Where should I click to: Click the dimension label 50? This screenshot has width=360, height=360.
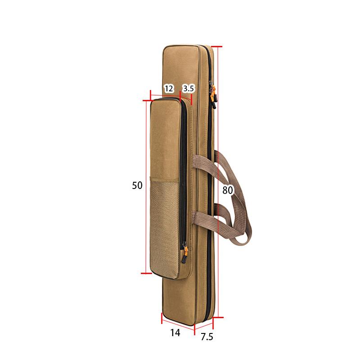point(137,185)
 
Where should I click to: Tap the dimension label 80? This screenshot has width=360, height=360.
point(227,190)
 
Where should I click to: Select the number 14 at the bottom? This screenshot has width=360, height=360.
point(175,333)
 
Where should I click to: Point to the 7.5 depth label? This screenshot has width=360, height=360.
point(207,337)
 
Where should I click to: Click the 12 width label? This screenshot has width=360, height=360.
point(168,88)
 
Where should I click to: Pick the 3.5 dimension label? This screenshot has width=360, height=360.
point(188,88)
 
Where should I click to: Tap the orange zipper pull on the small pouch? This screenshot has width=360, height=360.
point(184,252)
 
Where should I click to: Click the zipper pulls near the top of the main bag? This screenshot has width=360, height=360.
point(212,94)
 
